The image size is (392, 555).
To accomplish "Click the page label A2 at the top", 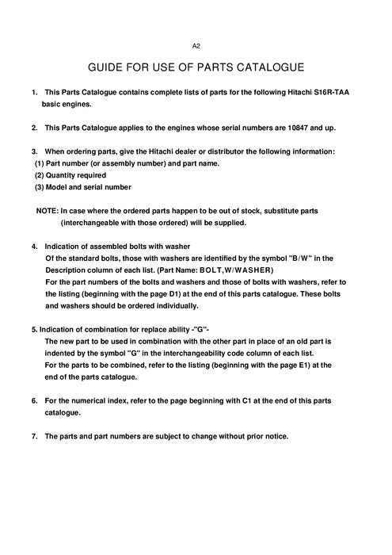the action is [x=196, y=47].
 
